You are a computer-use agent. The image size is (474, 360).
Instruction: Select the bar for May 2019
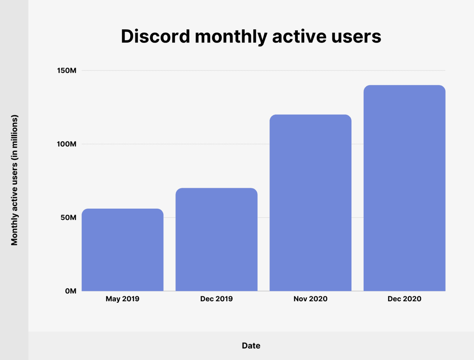pyautogui.click(x=122, y=250)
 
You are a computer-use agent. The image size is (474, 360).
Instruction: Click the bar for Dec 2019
pyautogui.click(x=216, y=240)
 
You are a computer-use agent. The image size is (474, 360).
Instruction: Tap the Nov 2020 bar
pyautogui.click(x=310, y=203)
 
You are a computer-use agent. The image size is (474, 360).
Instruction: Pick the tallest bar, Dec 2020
pyautogui.click(x=404, y=188)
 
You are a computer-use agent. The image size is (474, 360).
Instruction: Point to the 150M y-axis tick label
pyautogui.click(x=67, y=70)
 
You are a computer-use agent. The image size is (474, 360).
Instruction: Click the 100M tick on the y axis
pyautogui.click(x=67, y=144)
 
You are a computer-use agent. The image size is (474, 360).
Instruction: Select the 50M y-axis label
pyautogui.click(x=68, y=218)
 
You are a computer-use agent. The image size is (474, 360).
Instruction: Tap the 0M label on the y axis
pyautogui.click(x=70, y=291)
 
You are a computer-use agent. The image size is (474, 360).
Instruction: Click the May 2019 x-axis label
pyautogui.click(x=122, y=299)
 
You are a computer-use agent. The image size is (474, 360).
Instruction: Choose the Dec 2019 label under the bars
pyautogui.click(x=216, y=299)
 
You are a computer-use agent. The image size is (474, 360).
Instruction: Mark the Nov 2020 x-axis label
pyautogui.click(x=310, y=299)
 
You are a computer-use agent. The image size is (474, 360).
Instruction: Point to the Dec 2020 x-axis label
pyautogui.click(x=404, y=299)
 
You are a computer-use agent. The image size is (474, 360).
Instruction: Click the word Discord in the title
pyautogui.click(x=155, y=36)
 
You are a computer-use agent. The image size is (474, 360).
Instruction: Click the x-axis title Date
pyautogui.click(x=251, y=346)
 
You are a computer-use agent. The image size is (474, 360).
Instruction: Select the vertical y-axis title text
pyautogui.click(x=14, y=180)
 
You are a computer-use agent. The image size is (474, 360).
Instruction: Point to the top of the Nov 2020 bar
pyautogui.click(x=310, y=115)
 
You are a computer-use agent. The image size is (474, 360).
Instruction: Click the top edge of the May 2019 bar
pyautogui.click(x=122, y=209)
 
